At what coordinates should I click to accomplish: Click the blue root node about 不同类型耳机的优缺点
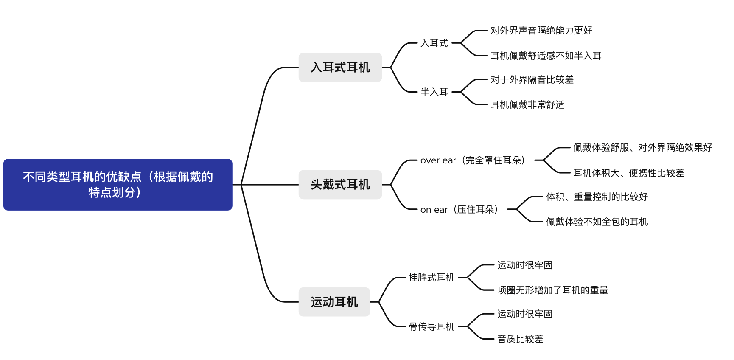click(x=118, y=184)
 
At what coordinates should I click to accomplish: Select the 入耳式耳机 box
click(x=340, y=67)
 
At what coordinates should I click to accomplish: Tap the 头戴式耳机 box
click(x=340, y=184)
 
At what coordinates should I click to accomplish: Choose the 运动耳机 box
click(x=334, y=302)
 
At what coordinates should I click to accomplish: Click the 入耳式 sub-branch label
click(x=434, y=43)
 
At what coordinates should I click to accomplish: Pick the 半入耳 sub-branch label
click(x=434, y=92)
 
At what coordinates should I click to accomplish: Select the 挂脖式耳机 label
click(x=431, y=277)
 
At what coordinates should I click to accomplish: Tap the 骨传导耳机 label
click(x=431, y=326)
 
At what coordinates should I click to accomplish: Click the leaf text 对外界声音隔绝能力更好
click(x=541, y=30)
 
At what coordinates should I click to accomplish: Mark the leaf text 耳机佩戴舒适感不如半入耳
click(x=546, y=56)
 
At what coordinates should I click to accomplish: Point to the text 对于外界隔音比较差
click(x=532, y=79)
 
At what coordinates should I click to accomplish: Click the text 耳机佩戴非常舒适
click(x=527, y=104)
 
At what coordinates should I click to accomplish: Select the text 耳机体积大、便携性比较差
click(x=628, y=173)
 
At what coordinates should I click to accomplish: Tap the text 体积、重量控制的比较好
click(x=597, y=197)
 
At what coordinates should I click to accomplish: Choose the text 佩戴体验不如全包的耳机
click(x=597, y=222)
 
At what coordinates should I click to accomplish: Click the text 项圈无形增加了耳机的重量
click(x=552, y=290)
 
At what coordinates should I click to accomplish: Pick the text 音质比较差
click(x=520, y=339)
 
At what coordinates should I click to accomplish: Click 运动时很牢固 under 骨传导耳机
click(x=524, y=314)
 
